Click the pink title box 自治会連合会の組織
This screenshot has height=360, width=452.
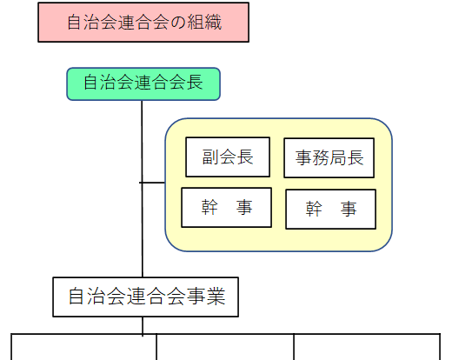(x=143, y=23)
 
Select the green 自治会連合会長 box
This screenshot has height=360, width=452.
(x=143, y=84)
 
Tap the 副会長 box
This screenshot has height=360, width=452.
(x=228, y=157)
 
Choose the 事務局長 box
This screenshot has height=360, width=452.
(x=329, y=158)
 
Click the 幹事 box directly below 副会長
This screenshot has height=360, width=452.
(x=226, y=208)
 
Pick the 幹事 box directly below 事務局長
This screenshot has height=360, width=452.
(x=330, y=210)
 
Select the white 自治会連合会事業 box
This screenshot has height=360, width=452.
(x=145, y=297)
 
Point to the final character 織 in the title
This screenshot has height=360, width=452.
(x=213, y=23)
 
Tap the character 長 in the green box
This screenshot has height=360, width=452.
(x=195, y=82)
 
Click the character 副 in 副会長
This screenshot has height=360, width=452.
(x=211, y=157)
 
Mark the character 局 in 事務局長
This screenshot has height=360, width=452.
(x=338, y=158)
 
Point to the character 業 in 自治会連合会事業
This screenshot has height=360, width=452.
(x=216, y=297)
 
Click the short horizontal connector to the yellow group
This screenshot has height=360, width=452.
(x=152, y=183)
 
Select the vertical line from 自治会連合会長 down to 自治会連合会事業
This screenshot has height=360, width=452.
(x=143, y=189)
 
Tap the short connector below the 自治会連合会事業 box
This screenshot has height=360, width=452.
(x=143, y=326)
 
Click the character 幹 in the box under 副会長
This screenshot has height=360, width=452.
(x=209, y=208)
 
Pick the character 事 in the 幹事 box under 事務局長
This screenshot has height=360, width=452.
(x=349, y=210)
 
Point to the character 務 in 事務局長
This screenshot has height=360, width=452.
(x=321, y=158)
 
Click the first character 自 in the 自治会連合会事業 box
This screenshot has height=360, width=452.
(x=76, y=297)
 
